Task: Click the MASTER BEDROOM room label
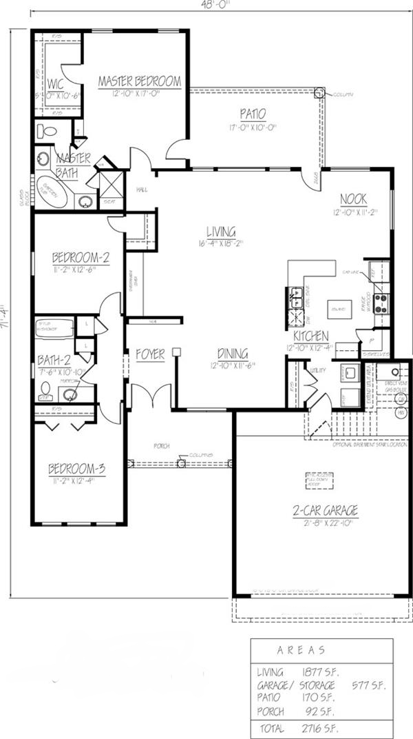(140, 81)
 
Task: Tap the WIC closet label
(56, 84)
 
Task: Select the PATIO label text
(253, 114)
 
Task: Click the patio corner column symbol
(319, 92)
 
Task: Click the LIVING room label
(221, 231)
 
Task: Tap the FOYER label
(150, 354)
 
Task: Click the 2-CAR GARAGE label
(325, 510)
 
